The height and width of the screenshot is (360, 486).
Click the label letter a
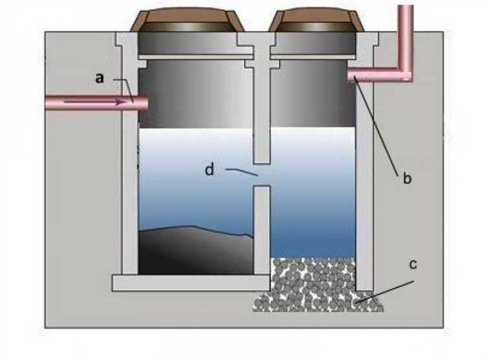[x=99, y=78]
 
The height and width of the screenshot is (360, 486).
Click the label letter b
[x=407, y=179]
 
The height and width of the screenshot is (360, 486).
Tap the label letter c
[x=413, y=265]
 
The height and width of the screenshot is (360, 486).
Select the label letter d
[x=209, y=170]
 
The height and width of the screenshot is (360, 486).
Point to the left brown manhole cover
[x=187, y=20]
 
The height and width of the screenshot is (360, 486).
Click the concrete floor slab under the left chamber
[x=191, y=282]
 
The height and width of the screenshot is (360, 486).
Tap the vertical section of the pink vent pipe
[x=405, y=32]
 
